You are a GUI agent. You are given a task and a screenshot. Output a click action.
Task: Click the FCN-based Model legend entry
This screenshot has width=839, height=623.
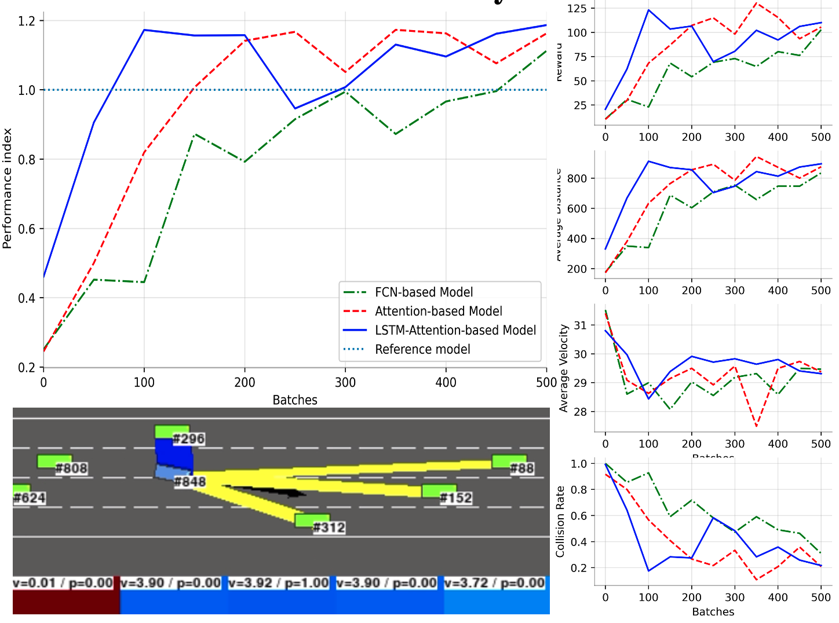[x=424, y=292]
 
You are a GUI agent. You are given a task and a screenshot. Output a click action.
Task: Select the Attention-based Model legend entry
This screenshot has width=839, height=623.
[x=438, y=311]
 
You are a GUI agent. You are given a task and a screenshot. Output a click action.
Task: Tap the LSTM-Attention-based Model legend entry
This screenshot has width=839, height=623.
[x=455, y=331]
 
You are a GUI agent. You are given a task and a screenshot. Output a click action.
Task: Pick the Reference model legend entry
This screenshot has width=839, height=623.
[x=422, y=350]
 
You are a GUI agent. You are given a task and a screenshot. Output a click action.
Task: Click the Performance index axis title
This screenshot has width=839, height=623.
[x=7, y=189]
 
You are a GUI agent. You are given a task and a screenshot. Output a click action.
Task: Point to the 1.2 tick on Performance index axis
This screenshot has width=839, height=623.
[x=27, y=21]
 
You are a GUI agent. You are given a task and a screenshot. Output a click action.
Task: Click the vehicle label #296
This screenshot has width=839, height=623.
[x=188, y=439]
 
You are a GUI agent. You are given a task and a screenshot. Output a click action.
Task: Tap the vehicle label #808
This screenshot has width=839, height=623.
[x=71, y=468]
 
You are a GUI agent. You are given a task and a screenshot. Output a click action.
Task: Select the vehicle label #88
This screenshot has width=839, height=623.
[x=521, y=468]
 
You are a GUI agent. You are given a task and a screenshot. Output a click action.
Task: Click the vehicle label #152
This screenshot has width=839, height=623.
[x=456, y=498]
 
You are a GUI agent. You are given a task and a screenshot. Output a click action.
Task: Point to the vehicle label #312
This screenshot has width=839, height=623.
[x=329, y=527]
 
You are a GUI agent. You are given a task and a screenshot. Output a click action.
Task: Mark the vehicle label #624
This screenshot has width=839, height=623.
[x=29, y=498]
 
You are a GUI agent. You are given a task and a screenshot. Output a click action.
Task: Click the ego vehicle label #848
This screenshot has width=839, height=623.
[x=190, y=482]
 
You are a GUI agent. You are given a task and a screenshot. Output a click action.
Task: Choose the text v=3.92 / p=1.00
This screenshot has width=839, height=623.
[x=279, y=583]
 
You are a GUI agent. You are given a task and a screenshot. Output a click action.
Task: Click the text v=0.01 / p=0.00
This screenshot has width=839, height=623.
[x=63, y=583]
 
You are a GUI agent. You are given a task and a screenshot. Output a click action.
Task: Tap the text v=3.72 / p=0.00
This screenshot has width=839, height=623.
[x=494, y=583]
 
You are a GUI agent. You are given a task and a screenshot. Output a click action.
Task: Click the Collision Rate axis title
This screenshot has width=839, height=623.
[x=560, y=522]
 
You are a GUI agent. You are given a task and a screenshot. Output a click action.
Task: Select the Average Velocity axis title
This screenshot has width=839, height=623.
[x=563, y=368]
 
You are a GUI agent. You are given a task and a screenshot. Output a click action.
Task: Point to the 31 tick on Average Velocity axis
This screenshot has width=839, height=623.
[x=580, y=325]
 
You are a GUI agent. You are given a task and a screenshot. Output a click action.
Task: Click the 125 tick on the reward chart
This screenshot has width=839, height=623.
[x=577, y=9]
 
